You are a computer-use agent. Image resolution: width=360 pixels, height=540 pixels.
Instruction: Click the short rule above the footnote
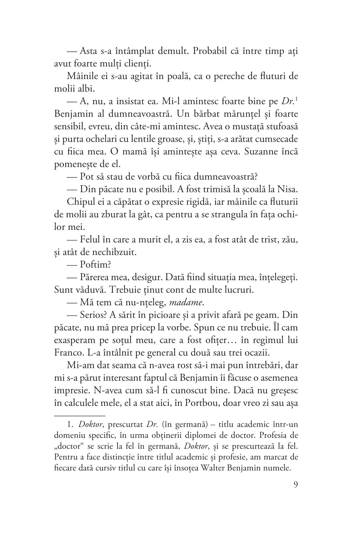(x=79, y=416)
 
